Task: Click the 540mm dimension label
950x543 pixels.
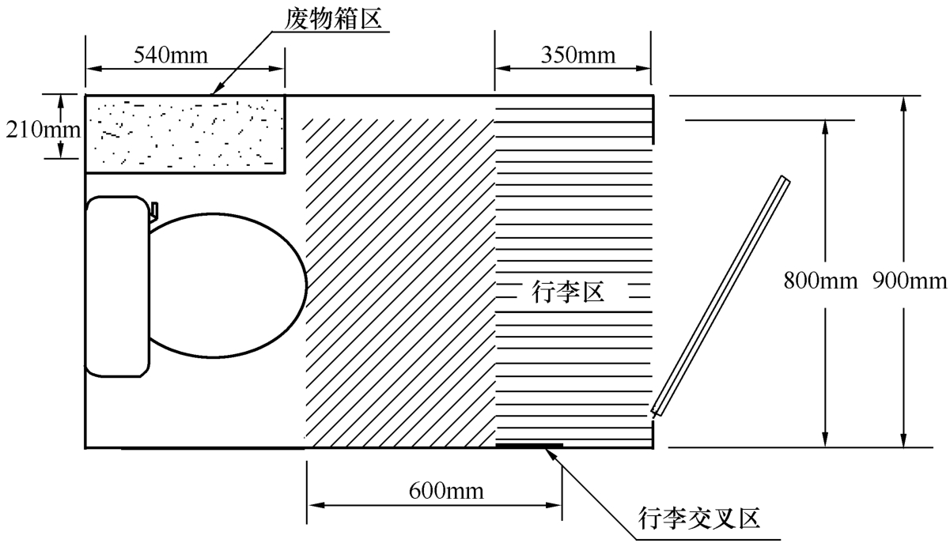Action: (171, 55)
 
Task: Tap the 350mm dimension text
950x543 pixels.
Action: (578, 55)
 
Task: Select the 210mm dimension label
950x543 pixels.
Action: (44, 130)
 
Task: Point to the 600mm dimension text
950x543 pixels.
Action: (446, 492)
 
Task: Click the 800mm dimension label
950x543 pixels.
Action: (820, 281)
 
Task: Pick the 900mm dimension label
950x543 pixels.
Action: (910, 281)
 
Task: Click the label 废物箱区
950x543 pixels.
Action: (333, 19)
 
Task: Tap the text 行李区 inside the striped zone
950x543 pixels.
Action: (568, 292)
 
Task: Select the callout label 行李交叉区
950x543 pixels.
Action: (699, 518)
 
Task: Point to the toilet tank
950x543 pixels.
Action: (118, 286)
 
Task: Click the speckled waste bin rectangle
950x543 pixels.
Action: (185, 134)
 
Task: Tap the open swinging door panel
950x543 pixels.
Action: (721, 296)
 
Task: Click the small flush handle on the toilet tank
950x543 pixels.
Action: (154, 211)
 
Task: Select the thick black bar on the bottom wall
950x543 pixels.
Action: (529, 445)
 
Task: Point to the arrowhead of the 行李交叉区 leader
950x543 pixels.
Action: (551, 454)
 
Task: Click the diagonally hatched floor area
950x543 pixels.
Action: (400, 283)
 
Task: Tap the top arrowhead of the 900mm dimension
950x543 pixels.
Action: (904, 104)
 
